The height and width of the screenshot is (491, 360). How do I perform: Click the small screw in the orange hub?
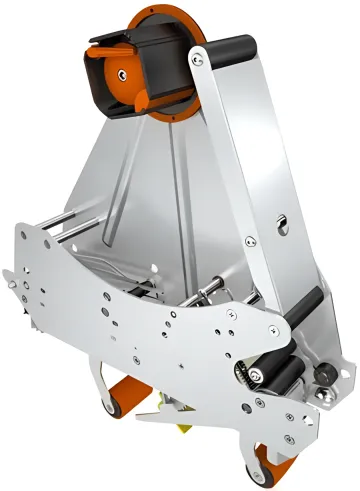pos(121,71)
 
